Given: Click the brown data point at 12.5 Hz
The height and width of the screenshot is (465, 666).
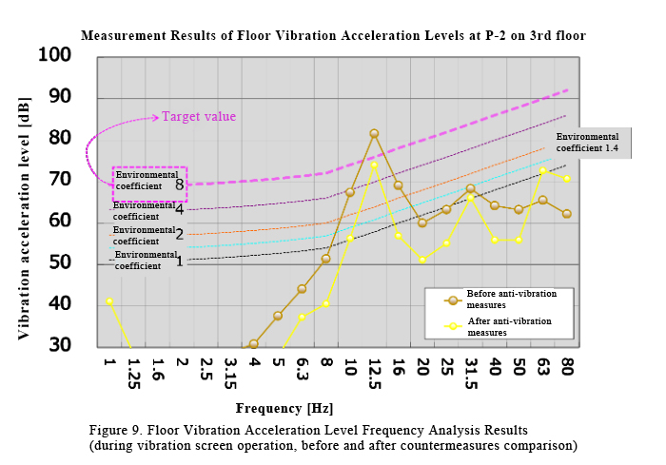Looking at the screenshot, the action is [x=374, y=134].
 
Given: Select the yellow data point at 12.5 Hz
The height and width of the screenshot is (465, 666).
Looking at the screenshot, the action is [x=374, y=165].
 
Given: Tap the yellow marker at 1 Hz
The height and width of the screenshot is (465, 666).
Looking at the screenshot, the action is [x=109, y=301].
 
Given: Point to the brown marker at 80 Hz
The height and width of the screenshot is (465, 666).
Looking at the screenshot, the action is [x=567, y=214].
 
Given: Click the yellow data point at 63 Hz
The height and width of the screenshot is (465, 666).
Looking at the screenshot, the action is [x=542, y=171].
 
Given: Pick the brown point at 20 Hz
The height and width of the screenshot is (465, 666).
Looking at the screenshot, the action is [x=422, y=223].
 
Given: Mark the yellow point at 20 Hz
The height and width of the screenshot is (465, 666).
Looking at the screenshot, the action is [x=422, y=260].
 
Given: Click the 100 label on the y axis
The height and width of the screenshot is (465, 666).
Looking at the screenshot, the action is [x=55, y=55].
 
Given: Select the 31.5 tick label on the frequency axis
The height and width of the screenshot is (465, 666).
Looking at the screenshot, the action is [x=471, y=374].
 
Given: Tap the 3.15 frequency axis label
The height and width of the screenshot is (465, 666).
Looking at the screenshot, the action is [x=230, y=374].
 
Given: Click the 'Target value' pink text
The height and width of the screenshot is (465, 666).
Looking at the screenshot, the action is [x=199, y=116].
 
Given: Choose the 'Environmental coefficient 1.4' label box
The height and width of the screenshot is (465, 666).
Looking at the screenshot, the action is [x=587, y=143].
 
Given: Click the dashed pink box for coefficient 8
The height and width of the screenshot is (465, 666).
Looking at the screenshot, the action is [x=150, y=184].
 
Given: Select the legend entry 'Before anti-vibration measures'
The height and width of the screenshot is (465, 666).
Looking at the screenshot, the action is [x=499, y=300].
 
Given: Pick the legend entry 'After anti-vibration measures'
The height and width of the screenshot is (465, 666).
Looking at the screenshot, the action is [x=498, y=326].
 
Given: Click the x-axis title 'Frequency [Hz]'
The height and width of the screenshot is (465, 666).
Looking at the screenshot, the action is [x=284, y=409].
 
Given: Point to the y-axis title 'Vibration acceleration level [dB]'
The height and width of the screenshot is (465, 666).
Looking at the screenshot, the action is [x=24, y=219].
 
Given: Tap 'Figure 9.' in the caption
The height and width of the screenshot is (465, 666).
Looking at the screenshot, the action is [x=115, y=431].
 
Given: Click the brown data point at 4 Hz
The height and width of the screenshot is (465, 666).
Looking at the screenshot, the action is [x=254, y=344].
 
